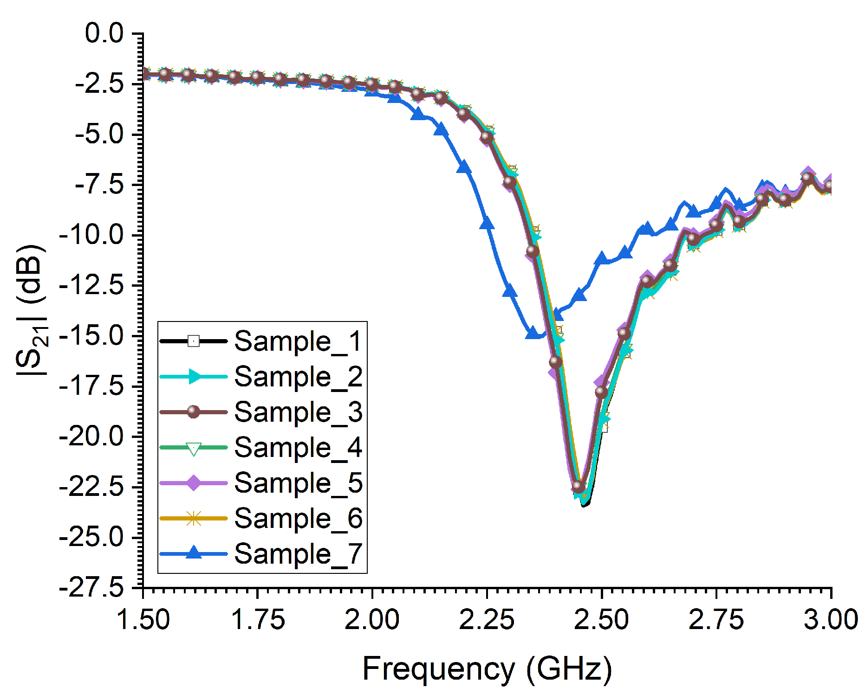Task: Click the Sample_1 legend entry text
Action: click(x=298, y=341)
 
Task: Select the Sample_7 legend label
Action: click(x=298, y=553)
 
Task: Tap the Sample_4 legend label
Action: click(x=298, y=448)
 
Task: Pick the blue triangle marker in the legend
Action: click(x=194, y=553)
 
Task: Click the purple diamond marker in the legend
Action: click(x=194, y=483)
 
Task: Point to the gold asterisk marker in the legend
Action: click(x=194, y=518)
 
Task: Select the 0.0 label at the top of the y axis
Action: click(x=104, y=33)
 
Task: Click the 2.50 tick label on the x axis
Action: click(x=601, y=620)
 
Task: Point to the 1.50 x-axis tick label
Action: click(x=143, y=620)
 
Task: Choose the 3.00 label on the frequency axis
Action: click(x=830, y=620)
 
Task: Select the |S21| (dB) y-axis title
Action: click(x=32, y=311)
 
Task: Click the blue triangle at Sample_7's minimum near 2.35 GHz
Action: click(x=533, y=333)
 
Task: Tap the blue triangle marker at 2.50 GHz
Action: click(x=602, y=258)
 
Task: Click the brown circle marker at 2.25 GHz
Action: click(x=487, y=137)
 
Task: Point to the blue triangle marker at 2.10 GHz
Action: click(x=418, y=114)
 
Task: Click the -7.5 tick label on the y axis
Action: click(x=98, y=185)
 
